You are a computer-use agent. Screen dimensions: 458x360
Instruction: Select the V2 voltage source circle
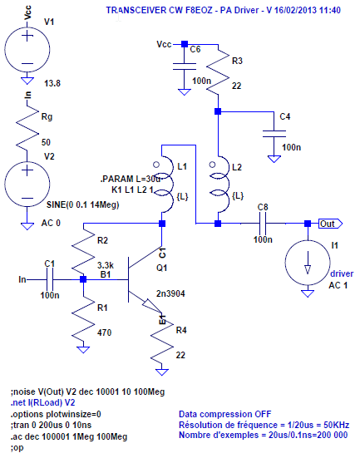(x=27, y=180)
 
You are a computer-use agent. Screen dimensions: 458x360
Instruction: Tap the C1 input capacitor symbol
(x=50, y=280)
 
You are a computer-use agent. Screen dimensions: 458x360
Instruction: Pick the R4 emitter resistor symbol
(x=162, y=339)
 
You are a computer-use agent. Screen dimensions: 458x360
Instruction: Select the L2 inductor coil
(x=217, y=181)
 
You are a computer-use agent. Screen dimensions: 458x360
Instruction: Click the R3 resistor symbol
(x=217, y=75)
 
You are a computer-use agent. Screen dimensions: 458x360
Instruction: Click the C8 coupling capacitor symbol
(x=264, y=223)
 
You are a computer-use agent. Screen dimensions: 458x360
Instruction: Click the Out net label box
(x=328, y=223)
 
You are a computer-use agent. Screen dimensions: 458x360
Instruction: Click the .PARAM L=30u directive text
(x=126, y=180)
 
